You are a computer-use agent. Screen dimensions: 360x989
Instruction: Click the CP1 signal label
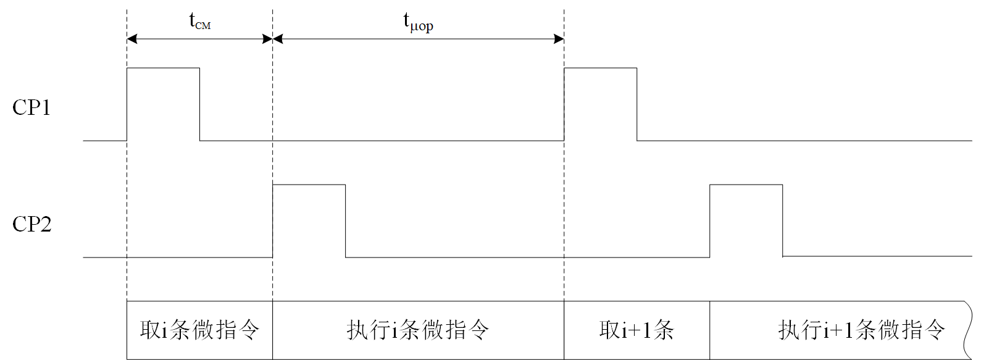tap(31, 107)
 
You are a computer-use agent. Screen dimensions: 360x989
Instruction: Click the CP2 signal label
tap(31, 224)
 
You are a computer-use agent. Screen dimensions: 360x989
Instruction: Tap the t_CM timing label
tap(199, 22)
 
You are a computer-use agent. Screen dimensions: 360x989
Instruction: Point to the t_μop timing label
tap(418, 22)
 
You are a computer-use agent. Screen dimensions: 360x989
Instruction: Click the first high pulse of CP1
tap(163, 104)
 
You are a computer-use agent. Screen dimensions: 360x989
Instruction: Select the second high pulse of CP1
tap(600, 104)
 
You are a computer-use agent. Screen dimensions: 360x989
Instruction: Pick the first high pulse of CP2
tap(309, 220)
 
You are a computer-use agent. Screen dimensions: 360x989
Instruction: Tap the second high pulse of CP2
tap(746, 220)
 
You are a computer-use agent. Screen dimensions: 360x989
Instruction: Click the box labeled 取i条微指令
tap(199, 330)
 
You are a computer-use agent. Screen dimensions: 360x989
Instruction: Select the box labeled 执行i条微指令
tap(418, 330)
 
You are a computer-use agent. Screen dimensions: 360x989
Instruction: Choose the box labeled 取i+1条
tap(636, 330)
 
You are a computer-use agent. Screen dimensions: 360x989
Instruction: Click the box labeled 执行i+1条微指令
tap(840, 330)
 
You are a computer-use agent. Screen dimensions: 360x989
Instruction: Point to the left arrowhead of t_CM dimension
tap(131, 39)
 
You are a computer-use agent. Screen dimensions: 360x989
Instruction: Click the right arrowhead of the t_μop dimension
tap(559, 39)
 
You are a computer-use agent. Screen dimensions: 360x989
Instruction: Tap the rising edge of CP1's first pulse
tap(127, 104)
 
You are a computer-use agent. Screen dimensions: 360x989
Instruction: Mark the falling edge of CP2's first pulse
tap(345, 220)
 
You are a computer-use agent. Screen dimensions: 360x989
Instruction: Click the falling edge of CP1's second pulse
tap(636, 104)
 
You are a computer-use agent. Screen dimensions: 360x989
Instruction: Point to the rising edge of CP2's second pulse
tap(710, 220)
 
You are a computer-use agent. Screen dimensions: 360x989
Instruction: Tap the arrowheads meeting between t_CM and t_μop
tap(272, 39)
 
